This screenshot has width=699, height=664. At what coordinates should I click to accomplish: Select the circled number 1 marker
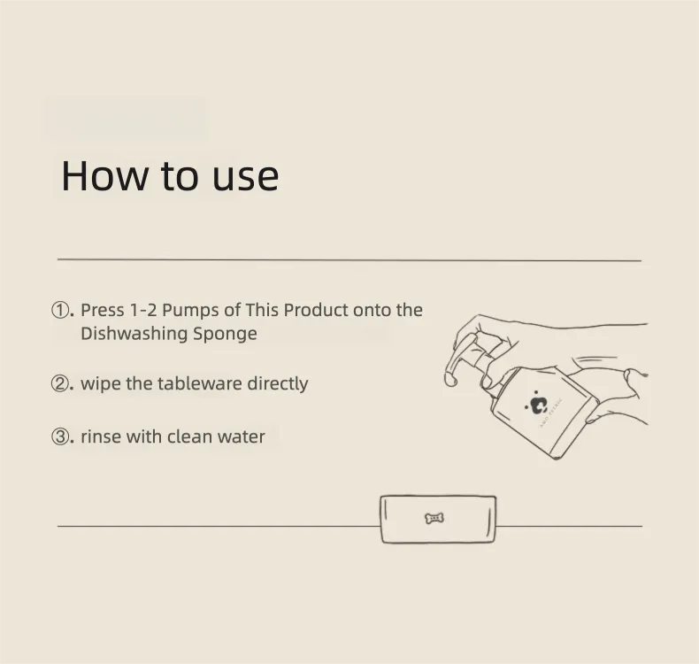tap(60, 310)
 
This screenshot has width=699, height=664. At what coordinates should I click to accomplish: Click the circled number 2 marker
tap(60, 383)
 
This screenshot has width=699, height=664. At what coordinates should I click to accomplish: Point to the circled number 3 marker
tap(60, 436)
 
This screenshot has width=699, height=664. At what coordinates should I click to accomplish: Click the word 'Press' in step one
tap(102, 310)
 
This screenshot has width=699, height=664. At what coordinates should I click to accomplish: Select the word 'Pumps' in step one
tap(190, 311)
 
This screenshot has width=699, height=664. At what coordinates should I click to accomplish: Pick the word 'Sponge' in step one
tap(225, 335)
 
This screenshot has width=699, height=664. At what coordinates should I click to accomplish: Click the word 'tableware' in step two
tap(200, 383)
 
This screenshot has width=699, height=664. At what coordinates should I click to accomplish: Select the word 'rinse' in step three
tap(101, 437)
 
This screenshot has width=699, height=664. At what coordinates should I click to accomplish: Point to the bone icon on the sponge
tap(434, 518)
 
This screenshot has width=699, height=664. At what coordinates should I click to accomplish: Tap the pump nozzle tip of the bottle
tap(451, 380)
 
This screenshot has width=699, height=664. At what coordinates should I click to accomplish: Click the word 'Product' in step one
tap(316, 310)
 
